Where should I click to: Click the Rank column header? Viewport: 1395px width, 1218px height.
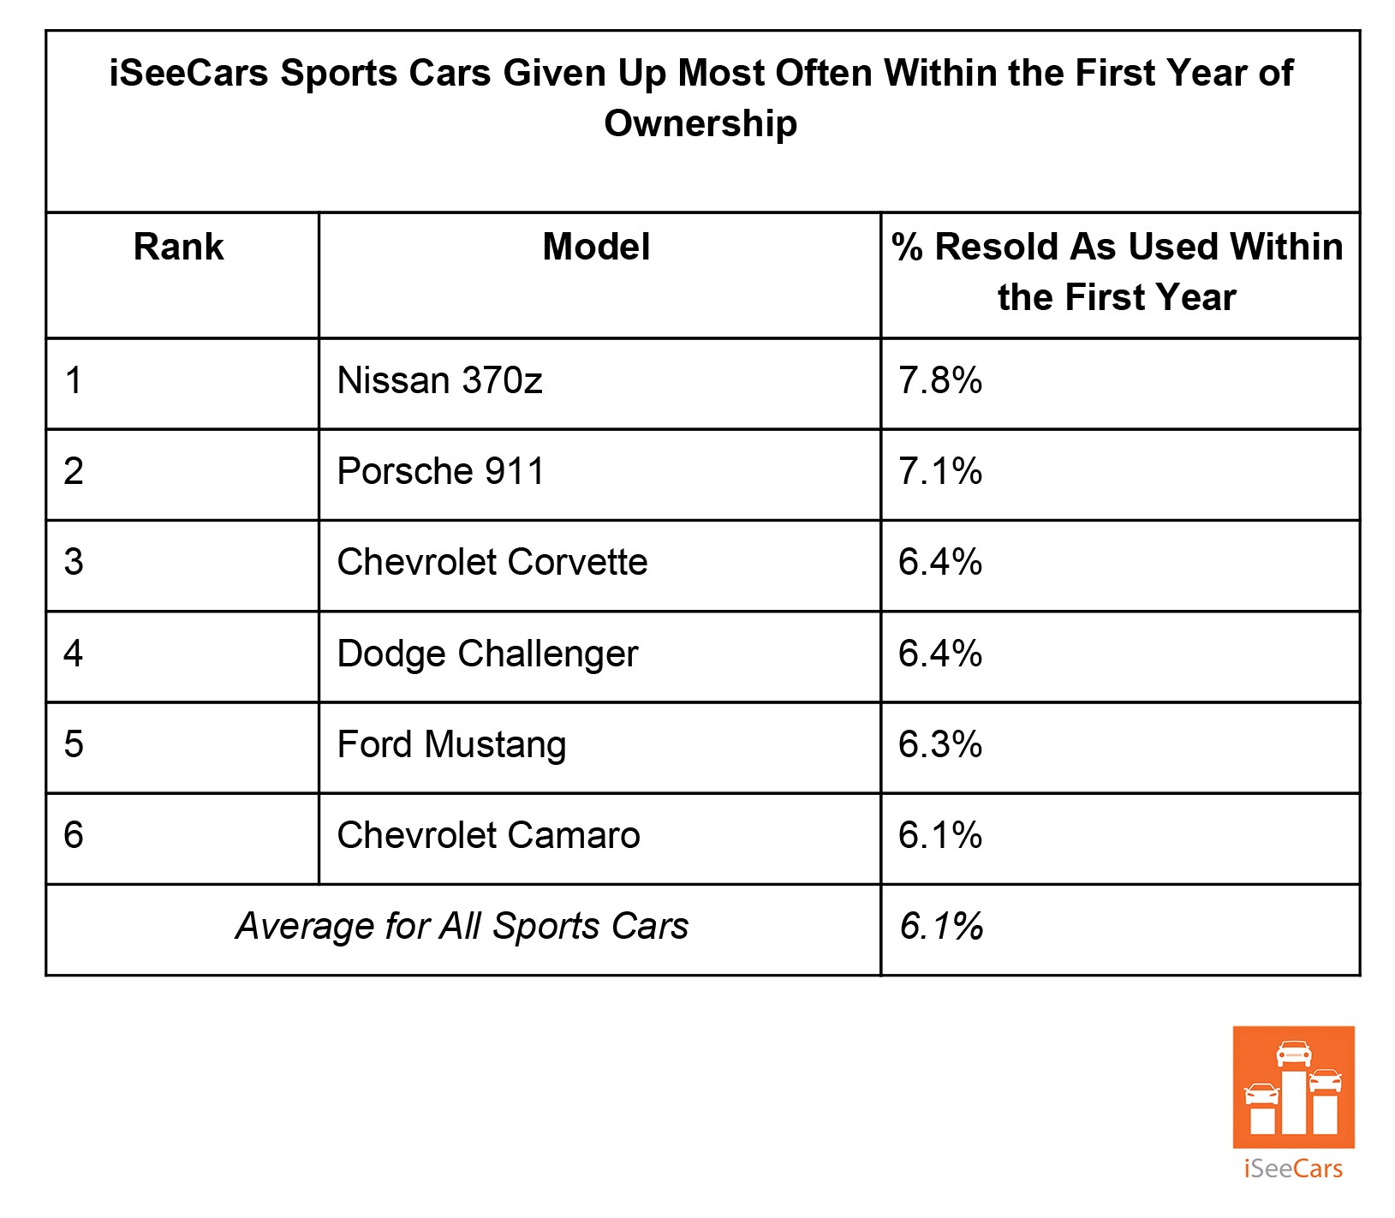(x=178, y=248)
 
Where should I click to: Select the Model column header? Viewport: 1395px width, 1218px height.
(x=596, y=248)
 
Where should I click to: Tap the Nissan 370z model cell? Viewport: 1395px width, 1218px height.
(x=439, y=380)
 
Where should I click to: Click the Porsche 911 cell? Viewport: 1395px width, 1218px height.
(x=440, y=472)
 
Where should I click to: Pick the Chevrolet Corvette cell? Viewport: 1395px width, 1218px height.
(x=492, y=563)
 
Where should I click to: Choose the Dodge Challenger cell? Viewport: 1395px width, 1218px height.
(x=487, y=654)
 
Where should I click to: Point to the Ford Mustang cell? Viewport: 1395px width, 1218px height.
(x=451, y=744)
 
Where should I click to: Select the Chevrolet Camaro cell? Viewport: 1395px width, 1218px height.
(x=488, y=836)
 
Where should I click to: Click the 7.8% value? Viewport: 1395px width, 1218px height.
(x=939, y=380)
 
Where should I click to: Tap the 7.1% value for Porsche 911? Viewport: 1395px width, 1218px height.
(x=939, y=472)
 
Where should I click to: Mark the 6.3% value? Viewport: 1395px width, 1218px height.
(x=939, y=744)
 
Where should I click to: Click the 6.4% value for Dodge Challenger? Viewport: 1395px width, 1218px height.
(x=939, y=654)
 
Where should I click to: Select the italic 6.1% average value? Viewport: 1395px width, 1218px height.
(x=941, y=927)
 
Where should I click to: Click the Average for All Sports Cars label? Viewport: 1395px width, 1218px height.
(x=462, y=927)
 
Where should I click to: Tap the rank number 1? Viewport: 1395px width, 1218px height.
(x=74, y=380)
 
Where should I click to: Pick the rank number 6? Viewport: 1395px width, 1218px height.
(x=74, y=836)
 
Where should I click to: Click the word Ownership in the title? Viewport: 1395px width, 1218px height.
(x=700, y=123)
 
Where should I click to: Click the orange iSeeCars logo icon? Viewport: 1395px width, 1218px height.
(x=1293, y=1087)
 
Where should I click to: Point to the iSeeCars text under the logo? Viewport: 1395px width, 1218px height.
(x=1293, y=1168)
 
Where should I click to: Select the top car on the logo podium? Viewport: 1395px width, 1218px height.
(x=1293, y=1053)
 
